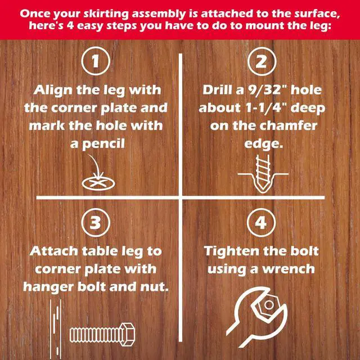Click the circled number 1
click(x=96, y=61)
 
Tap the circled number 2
click(x=261, y=61)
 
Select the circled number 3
click(x=96, y=223)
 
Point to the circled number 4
click(x=261, y=223)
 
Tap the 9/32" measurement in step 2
click(x=265, y=89)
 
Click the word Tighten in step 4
click(x=232, y=251)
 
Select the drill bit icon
click(x=262, y=173)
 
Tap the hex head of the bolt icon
click(x=127, y=334)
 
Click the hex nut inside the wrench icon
click(x=266, y=305)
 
